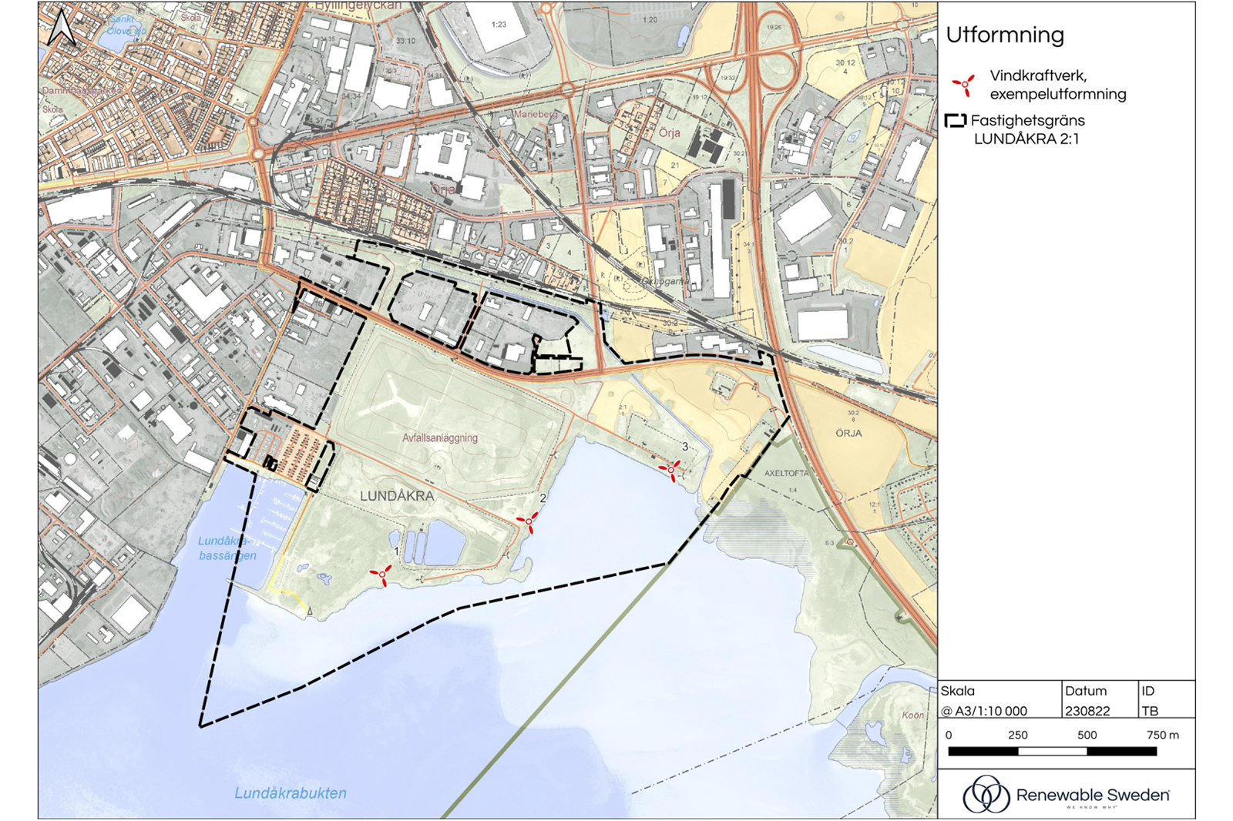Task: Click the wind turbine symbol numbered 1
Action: click(x=381, y=574)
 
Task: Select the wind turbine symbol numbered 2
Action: click(x=529, y=521)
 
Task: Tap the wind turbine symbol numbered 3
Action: click(x=671, y=468)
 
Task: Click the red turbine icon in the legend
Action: click(x=963, y=85)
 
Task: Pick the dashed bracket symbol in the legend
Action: click(x=956, y=121)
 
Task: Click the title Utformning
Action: click(x=1004, y=35)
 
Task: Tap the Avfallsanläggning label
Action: click(x=439, y=437)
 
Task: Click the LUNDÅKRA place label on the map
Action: click(x=397, y=497)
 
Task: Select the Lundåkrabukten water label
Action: click(x=291, y=793)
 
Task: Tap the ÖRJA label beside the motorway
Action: click(x=848, y=433)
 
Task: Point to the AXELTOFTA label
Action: click(x=786, y=473)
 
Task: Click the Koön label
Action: click(x=912, y=715)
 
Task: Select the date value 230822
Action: click(x=1087, y=711)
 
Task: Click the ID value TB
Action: click(x=1150, y=711)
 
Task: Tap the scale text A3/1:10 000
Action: click(x=990, y=711)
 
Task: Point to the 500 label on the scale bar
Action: click(x=1087, y=735)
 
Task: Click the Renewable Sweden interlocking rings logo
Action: click(x=986, y=794)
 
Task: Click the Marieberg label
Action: click(x=535, y=114)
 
